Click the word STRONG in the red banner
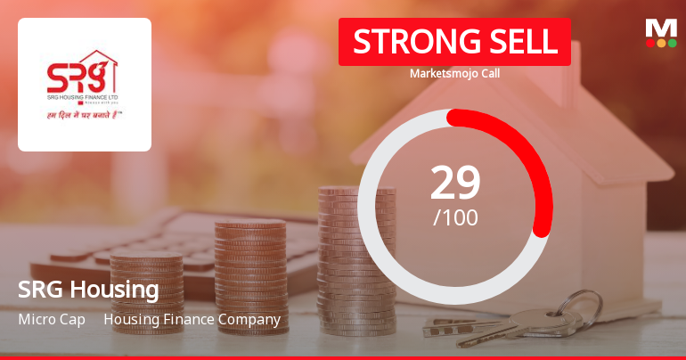point(407,42)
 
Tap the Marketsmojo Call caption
point(454,73)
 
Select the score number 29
point(455,183)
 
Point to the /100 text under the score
point(455,217)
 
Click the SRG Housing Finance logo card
point(85,85)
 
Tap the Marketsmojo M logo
point(661,27)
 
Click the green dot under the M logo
point(672,42)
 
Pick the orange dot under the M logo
point(661,42)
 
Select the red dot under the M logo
point(650,42)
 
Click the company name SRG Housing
point(88,290)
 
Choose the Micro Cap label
point(52,319)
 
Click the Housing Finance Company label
point(192,319)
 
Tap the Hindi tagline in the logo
point(85,115)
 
